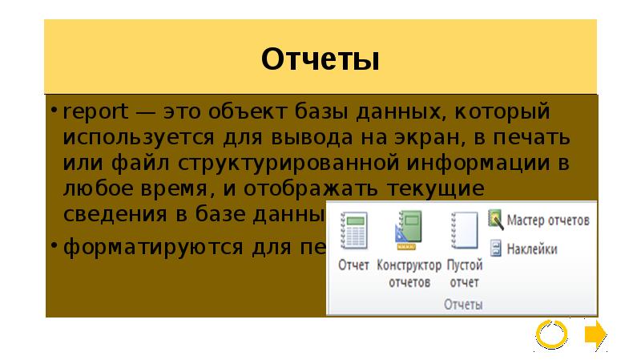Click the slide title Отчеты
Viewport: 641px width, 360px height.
point(320,59)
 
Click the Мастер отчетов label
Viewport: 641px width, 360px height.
point(549,219)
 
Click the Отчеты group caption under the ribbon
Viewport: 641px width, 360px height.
point(463,305)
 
